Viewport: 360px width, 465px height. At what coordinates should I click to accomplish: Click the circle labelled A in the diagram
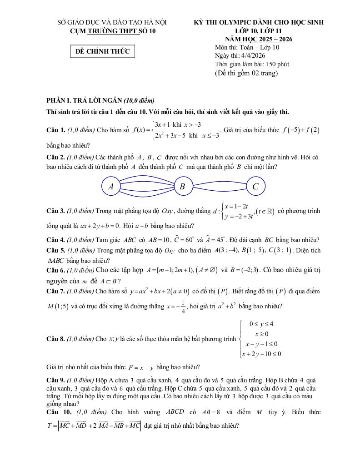pos(110,187)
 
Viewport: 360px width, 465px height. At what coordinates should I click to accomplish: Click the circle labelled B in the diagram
pos(182,187)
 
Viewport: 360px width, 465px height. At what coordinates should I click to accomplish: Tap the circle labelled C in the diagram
pos(255,187)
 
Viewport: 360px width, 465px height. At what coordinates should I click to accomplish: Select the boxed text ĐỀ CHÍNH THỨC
pos(103,51)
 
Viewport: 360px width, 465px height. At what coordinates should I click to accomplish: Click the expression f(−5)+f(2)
pos(301,130)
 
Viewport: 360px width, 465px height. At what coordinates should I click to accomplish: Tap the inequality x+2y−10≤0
pos(261,354)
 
